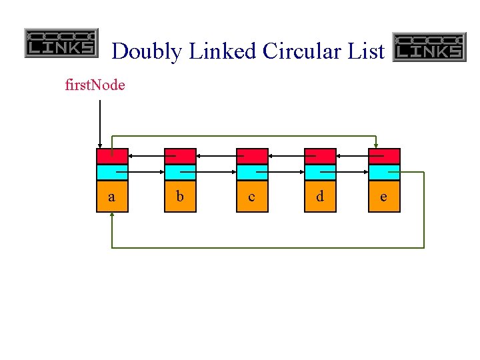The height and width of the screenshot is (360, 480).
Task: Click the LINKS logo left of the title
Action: point(61,43)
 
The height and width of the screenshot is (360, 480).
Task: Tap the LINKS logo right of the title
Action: point(429,47)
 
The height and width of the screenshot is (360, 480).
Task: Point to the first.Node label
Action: point(95,85)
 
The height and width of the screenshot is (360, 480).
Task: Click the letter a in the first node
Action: point(111,197)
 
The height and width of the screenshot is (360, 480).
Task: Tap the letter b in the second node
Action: point(180,197)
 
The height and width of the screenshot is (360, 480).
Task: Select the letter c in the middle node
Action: point(251,197)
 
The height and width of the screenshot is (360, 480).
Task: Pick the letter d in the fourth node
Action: point(320,197)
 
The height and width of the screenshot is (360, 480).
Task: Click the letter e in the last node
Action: point(383,197)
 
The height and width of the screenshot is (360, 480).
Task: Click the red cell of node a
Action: point(111,156)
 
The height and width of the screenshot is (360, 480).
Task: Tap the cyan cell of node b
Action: point(180,172)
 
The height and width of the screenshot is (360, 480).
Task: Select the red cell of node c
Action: point(252,156)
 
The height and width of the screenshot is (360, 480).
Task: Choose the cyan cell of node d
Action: point(320,172)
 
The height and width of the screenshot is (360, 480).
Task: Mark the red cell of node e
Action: point(384,156)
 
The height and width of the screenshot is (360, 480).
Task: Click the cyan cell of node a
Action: point(111,172)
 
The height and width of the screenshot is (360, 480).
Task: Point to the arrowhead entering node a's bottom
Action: point(112,215)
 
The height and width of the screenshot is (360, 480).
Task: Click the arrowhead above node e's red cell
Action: point(377,145)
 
